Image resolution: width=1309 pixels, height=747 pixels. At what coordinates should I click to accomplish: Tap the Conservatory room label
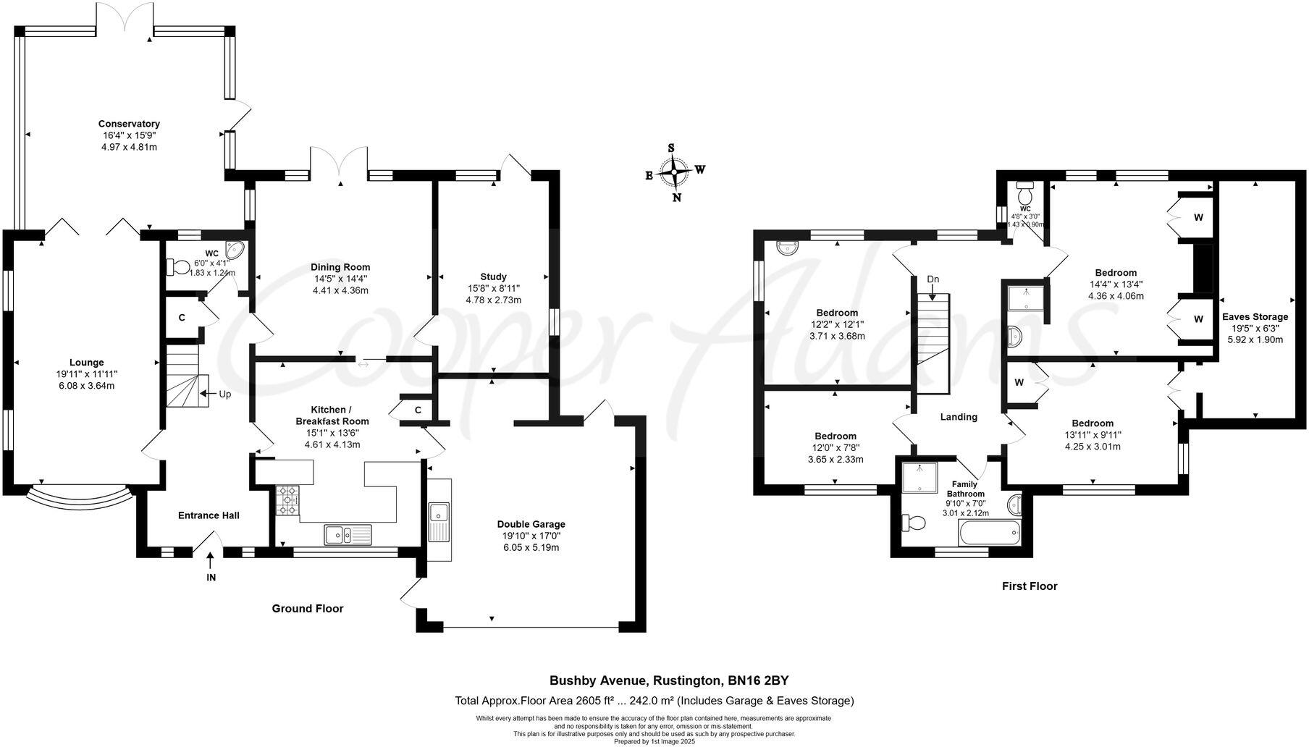[x=129, y=124]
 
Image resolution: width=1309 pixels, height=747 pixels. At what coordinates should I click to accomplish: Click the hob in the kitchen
[x=287, y=501]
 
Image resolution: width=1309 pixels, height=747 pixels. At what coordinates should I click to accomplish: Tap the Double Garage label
[x=531, y=524]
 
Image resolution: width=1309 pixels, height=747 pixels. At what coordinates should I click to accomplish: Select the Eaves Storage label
[x=1255, y=316]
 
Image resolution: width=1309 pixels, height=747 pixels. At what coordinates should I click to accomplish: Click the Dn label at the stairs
[x=933, y=279]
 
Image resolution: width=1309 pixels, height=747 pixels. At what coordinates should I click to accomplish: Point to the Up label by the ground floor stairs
[x=225, y=394]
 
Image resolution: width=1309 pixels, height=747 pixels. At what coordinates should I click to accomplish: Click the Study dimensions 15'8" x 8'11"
[x=493, y=288]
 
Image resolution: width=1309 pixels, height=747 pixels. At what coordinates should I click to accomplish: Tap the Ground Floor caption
[x=308, y=609]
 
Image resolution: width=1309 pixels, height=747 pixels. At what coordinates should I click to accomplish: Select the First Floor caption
[x=1030, y=586]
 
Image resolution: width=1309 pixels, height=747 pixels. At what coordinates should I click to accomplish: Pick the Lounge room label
[x=86, y=363]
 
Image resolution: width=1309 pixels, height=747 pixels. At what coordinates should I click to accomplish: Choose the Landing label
[x=959, y=417]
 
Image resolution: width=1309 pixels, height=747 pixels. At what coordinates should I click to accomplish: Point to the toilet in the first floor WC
[x=1024, y=194]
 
